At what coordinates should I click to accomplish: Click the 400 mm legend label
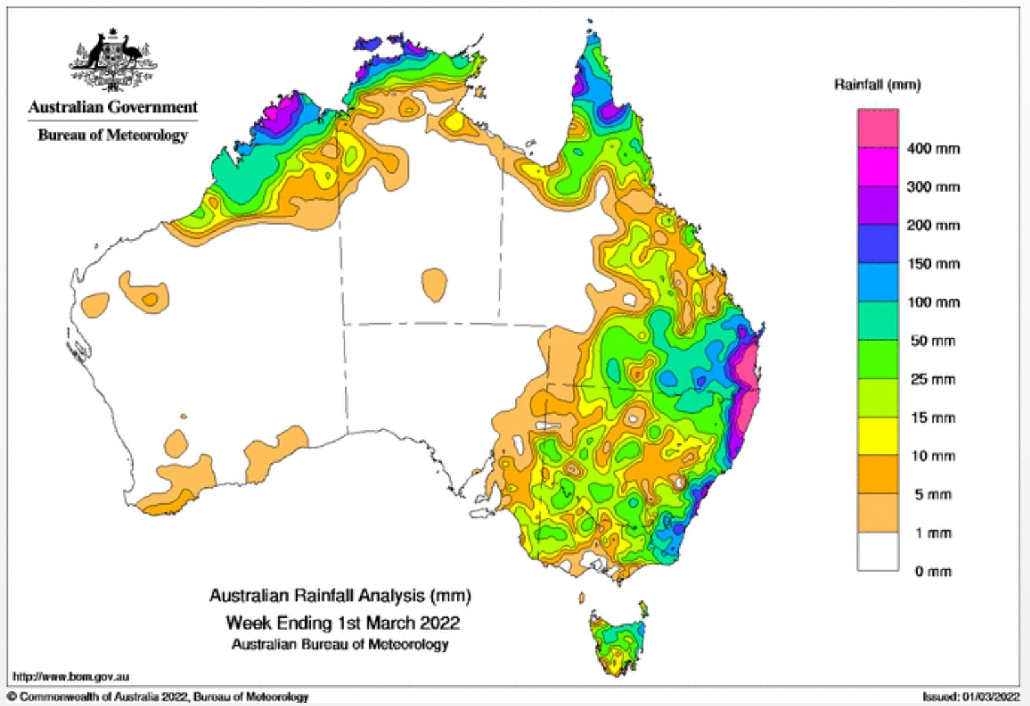(x=932, y=148)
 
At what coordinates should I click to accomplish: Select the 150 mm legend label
(x=932, y=264)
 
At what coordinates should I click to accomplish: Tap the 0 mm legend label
(x=932, y=571)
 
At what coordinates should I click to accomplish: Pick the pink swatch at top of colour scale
(x=878, y=128)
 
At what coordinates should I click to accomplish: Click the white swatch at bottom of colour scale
(x=878, y=552)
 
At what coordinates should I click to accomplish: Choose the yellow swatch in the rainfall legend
(x=878, y=436)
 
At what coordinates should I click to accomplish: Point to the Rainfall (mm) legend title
(x=877, y=85)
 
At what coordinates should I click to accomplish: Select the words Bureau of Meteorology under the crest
(x=112, y=135)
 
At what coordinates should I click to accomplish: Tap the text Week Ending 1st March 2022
(x=342, y=623)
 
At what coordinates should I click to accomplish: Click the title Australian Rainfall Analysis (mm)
(x=340, y=595)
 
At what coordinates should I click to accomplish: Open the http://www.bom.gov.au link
(x=71, y=676)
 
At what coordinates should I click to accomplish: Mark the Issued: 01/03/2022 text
(x=971, y=696)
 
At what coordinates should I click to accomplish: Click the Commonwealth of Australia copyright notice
(x=158, y=696)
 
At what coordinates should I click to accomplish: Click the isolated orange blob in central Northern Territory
(x=434, y=284)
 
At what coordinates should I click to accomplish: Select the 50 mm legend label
(x=932, y=341)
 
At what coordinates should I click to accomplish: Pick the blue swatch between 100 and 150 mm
(x=878, y=283)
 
